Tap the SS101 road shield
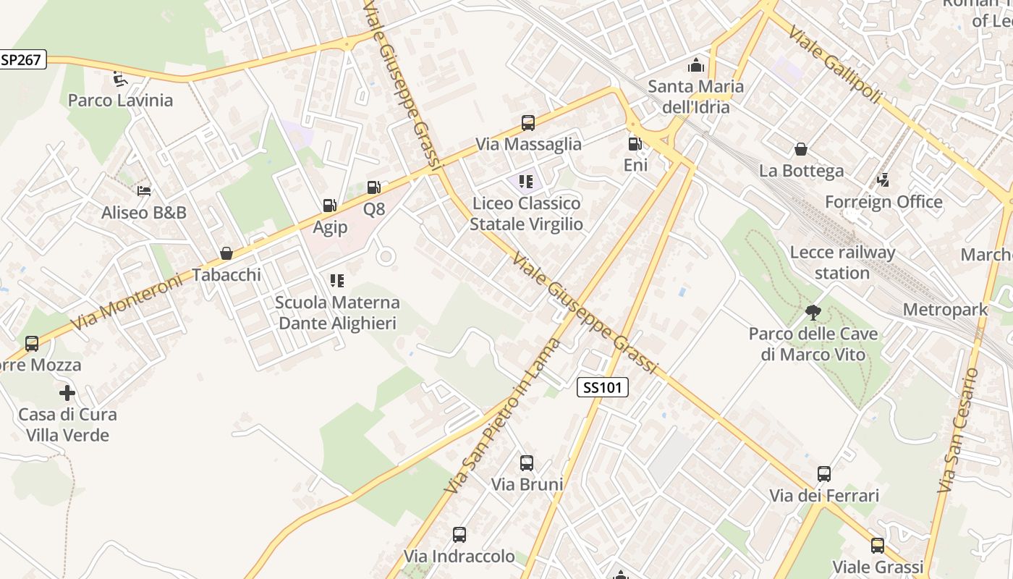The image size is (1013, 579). pos(603,387)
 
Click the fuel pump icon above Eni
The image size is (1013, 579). pos(635,144)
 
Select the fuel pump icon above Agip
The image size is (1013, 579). pos(330,206)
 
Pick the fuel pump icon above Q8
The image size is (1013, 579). pos(374,188)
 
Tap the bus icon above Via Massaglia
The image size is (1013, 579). pos(528,123)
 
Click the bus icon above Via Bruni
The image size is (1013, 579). pos(527,462)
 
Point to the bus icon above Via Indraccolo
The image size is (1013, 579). pos(459,535)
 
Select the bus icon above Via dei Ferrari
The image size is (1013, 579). pos(824,474)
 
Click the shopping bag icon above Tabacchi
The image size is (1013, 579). pos(226,253)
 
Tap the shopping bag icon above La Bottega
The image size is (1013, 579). pos(801,149)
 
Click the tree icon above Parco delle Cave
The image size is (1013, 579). pos(813,313)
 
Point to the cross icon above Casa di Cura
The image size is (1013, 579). pos(67,393)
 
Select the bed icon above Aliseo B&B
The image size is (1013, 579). pos(144,191)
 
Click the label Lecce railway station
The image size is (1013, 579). pos(842,263)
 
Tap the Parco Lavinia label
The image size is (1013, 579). pos(120,100)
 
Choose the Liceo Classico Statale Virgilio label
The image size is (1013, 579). pos(527,214)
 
